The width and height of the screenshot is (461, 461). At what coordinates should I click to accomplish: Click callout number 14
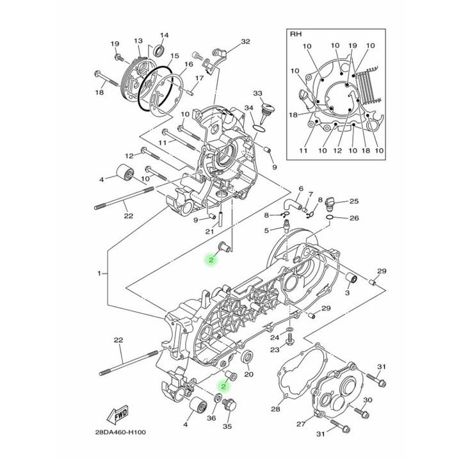[163, 35]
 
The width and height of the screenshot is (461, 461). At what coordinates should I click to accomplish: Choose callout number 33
[257, 93]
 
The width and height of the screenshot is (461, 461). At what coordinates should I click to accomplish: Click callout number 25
[353, 201]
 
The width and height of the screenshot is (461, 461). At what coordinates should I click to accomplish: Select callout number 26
[354, 218]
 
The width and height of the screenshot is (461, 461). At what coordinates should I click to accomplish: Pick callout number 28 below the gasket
[275, 409]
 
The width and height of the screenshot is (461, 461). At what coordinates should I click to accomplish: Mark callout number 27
[301, 425]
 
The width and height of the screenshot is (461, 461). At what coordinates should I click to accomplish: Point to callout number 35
[227, 426]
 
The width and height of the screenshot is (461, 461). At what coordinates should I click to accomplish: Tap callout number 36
[211, 419]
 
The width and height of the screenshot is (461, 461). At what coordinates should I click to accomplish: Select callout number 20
[250, 375]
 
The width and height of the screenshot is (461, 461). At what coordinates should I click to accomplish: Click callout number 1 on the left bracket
[99, 273]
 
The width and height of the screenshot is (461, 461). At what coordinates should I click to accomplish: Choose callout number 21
[209, 231]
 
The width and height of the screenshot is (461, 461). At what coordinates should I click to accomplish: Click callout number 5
[268, 230]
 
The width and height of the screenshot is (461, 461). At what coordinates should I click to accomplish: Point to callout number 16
[189, 65]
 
